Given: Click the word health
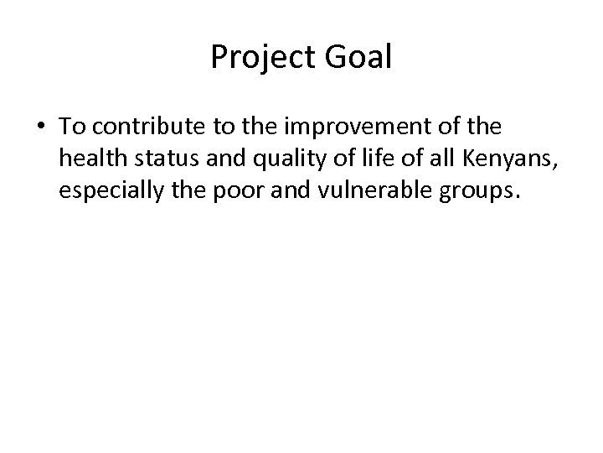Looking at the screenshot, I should [89, 159].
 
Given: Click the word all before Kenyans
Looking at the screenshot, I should [405, 159].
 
